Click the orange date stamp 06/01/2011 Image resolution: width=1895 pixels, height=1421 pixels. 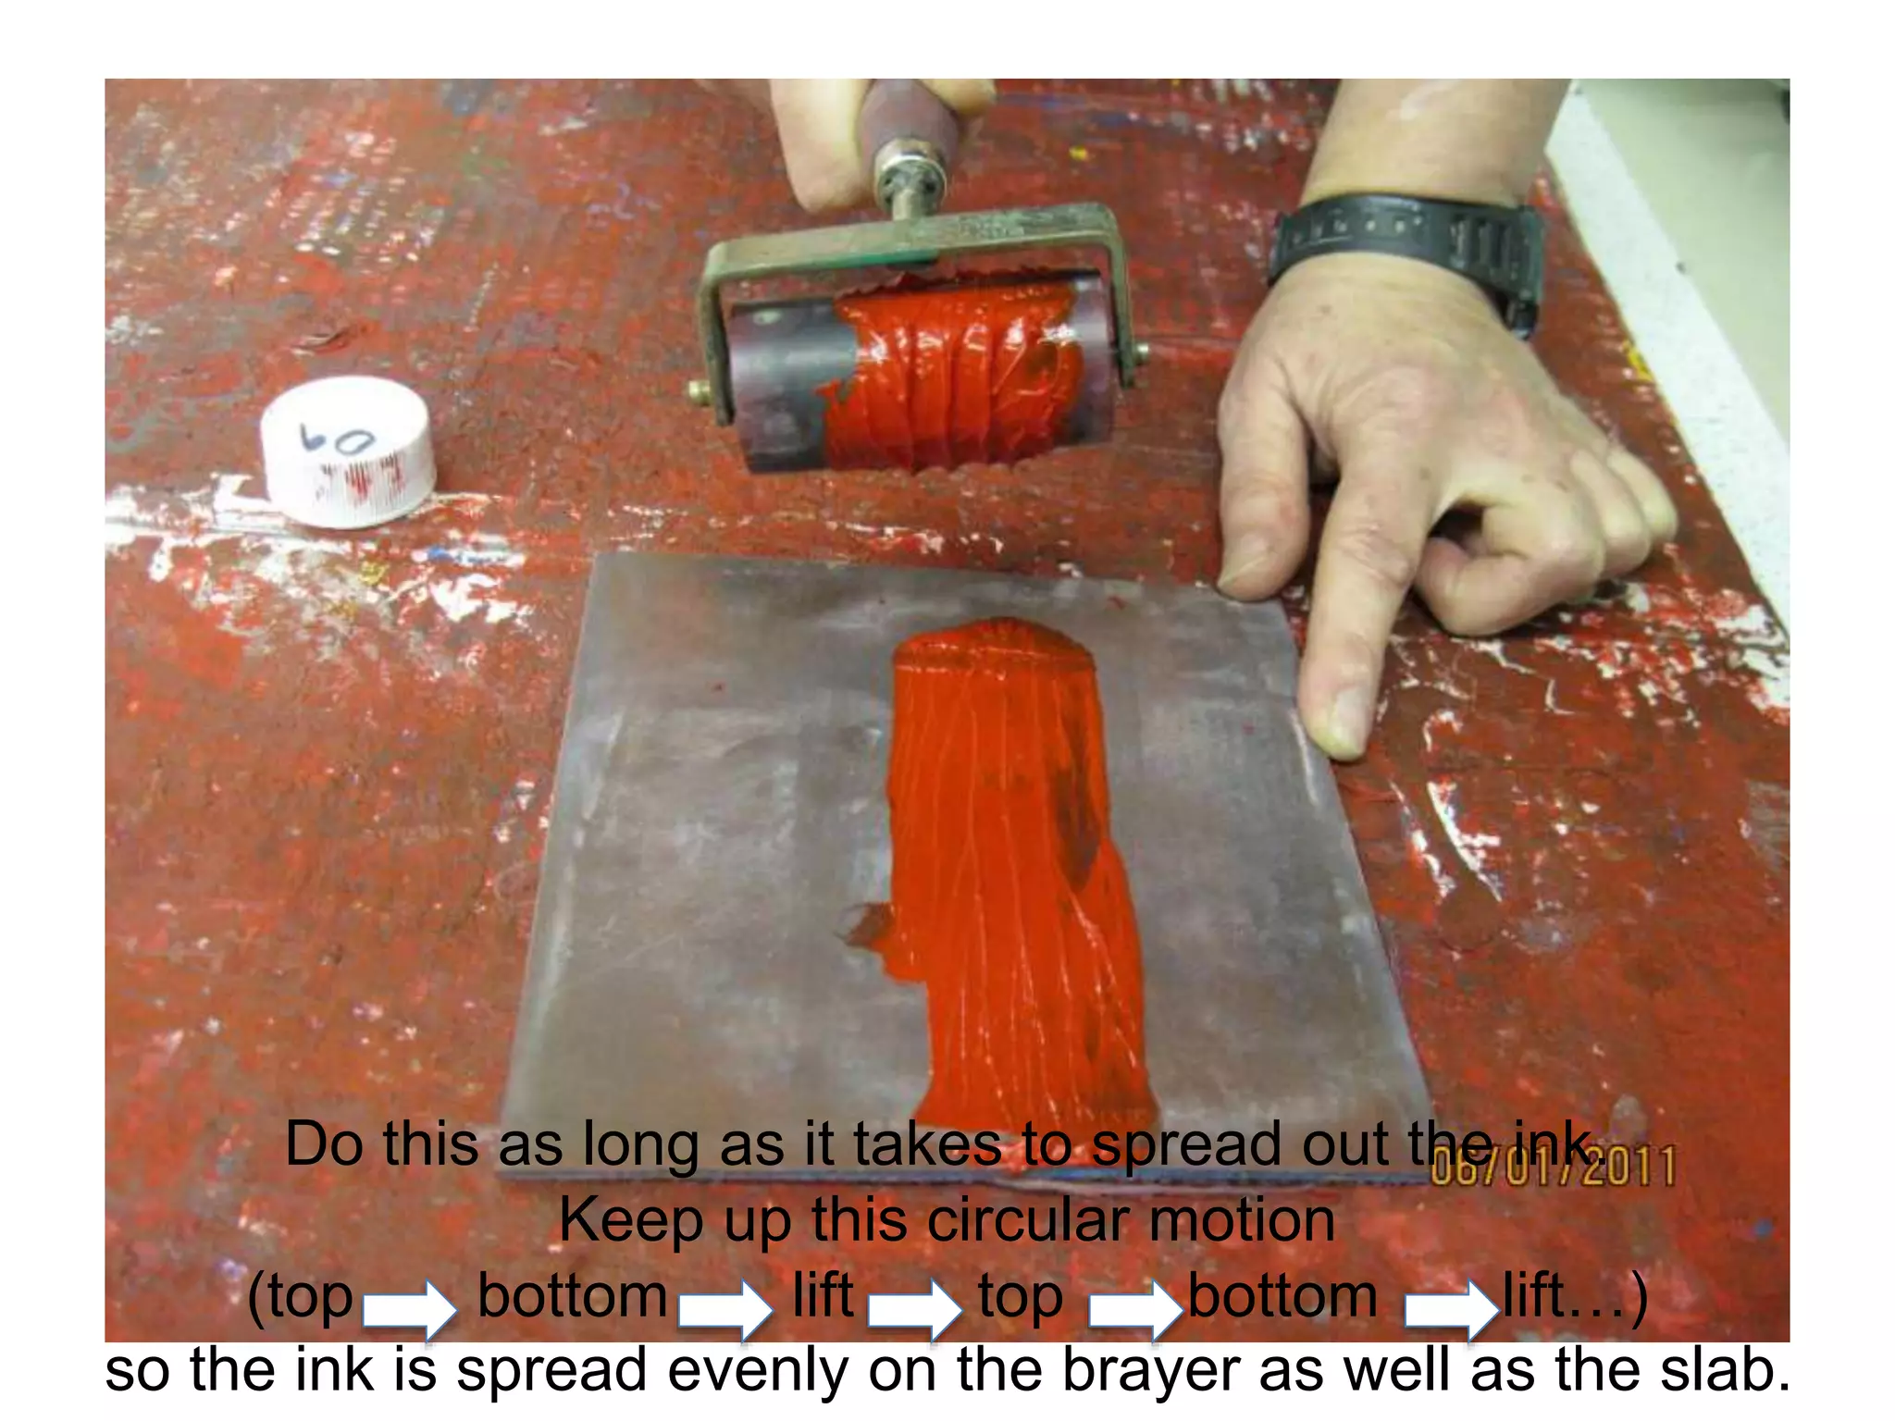point(1554,1168)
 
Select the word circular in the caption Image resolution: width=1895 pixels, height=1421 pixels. point(1028,1220)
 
